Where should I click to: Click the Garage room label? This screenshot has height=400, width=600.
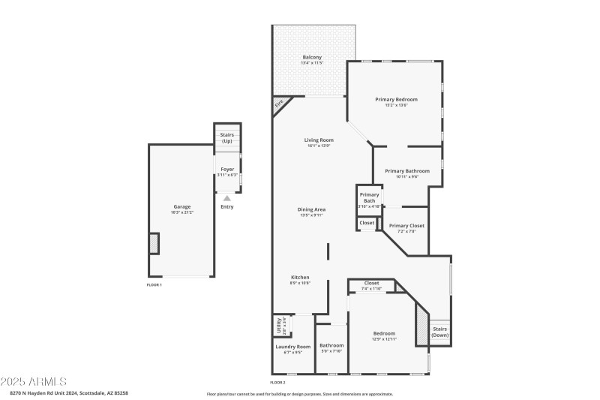point(181,206)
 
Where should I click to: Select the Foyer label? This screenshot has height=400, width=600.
point(226,170)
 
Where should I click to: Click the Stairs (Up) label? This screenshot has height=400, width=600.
point(226,138)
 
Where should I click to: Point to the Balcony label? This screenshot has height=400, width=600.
point(312,58)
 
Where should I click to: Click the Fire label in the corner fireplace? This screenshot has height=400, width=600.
point(279,104)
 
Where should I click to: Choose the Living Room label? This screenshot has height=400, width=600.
point(319,140)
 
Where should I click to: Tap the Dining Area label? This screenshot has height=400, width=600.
point(311,209)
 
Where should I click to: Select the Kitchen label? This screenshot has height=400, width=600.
point(300,278)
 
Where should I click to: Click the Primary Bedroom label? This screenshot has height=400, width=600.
point(396,99)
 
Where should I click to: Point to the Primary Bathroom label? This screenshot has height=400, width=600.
point(407,171)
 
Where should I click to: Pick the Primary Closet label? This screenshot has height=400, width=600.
point(406,226)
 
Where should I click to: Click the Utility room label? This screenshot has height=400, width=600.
point(277,326)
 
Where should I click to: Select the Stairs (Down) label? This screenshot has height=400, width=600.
point(440,332)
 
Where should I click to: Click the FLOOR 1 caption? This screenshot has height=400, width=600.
point(154,284)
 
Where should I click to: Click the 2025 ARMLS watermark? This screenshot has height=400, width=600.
point(34,381)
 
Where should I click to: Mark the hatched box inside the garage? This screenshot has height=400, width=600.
point(154,243)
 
